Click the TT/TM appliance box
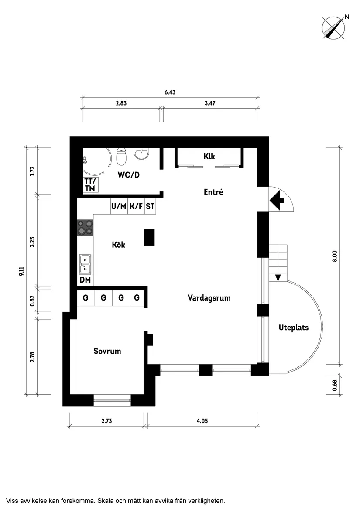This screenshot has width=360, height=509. click(90, 184)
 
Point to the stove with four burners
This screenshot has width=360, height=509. click(85, 228)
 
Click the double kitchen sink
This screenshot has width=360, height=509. click(85, 265)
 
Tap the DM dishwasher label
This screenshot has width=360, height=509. click(85, 280)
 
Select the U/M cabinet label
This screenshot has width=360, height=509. click(119, 206)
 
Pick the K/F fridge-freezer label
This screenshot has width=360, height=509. click(136, 206)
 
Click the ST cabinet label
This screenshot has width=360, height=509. click(150, 206)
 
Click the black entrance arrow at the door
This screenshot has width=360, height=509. click(277, 200)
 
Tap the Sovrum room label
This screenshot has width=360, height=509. click(107, 351)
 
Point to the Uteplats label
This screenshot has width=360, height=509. click(294, 328)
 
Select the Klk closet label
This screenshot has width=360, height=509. click(209, 156)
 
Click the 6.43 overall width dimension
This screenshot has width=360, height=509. click(170, 92)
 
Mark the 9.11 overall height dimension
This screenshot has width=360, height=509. click(21, 271)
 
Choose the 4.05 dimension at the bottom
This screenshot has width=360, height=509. click(202, 421)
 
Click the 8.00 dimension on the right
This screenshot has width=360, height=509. click(335, 256)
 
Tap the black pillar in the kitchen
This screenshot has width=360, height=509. click(150, 237)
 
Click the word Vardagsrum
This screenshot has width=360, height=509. click(209, 298)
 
